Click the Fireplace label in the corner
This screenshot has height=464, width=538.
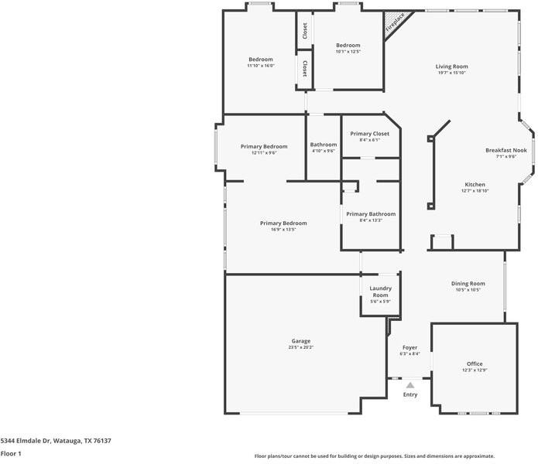(395, 22)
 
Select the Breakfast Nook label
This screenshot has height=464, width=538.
(505, 150)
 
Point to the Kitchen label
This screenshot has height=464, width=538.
(475, 185)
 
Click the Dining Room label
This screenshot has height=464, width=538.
(468, 284)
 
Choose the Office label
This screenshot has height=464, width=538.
(474, 364)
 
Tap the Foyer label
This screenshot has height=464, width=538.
(409, 348)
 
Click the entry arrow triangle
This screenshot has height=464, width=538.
(409, 384)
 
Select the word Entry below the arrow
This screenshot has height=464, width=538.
(409, 395)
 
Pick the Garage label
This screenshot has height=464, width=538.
(300, 341)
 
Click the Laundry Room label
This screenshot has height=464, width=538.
(380, 292)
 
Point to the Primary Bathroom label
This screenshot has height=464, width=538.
(370, 214)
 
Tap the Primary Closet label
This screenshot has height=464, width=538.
(369, 134)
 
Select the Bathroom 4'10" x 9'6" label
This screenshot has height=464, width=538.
(324, 147)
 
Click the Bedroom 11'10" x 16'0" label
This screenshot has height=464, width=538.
(260, 62)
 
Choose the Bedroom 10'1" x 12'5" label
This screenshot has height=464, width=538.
(348, 48)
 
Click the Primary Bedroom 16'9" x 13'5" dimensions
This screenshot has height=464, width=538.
(283, 230)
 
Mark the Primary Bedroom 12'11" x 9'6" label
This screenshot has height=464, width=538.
(263, 149)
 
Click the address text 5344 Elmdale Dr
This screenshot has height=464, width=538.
(56, 441)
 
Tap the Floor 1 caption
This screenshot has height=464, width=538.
(11, 454)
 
